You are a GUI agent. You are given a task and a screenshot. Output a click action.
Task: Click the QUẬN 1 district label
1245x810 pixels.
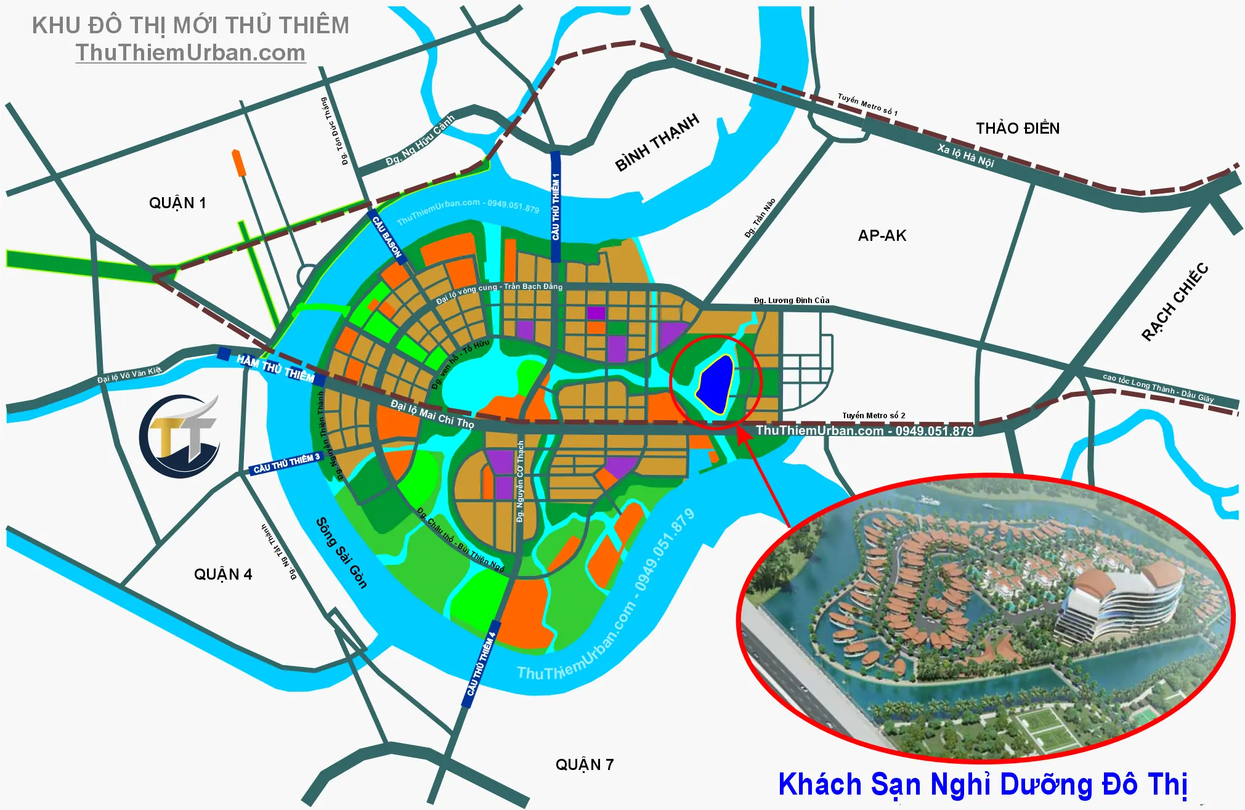click(177, 203)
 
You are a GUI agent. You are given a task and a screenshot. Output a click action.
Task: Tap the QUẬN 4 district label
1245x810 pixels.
click(223, 575)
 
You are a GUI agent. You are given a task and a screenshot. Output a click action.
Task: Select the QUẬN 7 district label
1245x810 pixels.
click(585, 765)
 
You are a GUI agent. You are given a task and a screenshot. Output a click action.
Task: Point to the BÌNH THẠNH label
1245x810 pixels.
click(657, 142)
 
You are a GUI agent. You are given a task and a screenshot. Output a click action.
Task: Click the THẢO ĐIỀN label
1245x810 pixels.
click(1018, 129)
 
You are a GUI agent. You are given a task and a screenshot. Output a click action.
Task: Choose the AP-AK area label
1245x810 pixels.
click(882, 236)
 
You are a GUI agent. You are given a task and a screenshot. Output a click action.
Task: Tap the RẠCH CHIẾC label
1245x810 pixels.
click(1175, 302)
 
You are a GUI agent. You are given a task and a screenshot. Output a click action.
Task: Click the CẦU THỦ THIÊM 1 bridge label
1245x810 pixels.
click(556, 206)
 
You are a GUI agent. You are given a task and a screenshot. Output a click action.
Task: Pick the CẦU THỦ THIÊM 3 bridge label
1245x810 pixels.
click(286, 464)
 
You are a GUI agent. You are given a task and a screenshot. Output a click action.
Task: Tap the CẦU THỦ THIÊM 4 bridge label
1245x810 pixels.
click(481, 664)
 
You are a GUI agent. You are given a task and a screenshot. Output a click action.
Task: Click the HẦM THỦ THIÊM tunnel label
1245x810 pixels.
click(275, 368)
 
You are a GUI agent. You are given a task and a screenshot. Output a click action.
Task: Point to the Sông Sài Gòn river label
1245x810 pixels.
click(341, 553)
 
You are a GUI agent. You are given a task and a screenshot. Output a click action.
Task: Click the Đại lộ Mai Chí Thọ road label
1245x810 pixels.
click(432, 414)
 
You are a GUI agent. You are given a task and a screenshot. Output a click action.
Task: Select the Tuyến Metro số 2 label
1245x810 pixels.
click(874, 416)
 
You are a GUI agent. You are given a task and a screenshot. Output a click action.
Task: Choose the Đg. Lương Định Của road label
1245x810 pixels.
click(792, 301)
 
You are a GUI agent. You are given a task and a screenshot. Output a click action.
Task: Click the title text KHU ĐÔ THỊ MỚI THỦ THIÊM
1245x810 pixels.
click(190, 26)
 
